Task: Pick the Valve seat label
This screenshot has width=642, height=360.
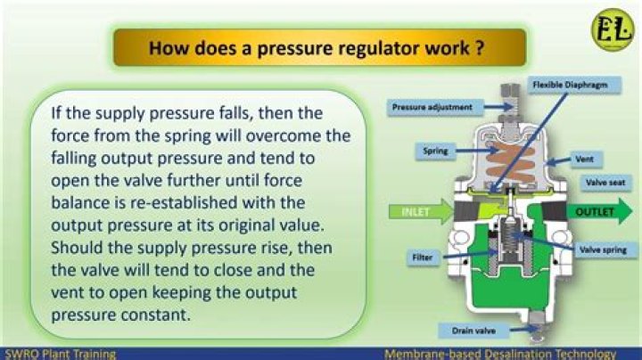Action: pyautogui.click(x=601, y=182)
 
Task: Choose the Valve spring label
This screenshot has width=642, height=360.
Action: pyautogui.click(x=600, y=251)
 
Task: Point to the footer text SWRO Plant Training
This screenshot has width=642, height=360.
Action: pyautogui.click(x=59, y=354)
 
